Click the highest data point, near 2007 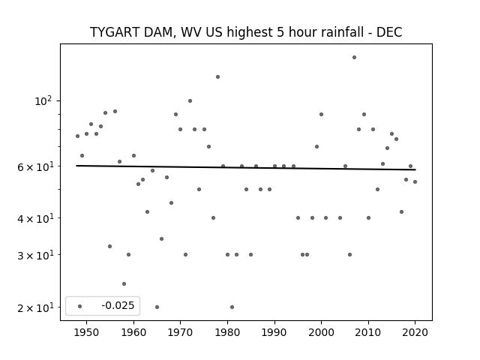tap(354, 57)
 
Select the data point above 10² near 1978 tap(217, 76)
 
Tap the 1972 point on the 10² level tap(190, 100)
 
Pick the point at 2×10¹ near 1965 tap(157, 307)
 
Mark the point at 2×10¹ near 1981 tap(232, 307)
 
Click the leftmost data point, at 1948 tap(77, 136)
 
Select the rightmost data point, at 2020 tap(415, 181)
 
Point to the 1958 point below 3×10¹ tap(124, 283)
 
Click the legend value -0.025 tap(118, 305)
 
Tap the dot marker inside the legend tap(80, 306)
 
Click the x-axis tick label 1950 tap(87, 332)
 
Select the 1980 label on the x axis tap(227, 332)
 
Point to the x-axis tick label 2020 tap(415, 332)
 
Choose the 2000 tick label tap(321, 332)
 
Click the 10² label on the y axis tap(43, 100)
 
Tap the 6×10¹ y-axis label tap(35, 166)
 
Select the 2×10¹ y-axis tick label tap(35, 307)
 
